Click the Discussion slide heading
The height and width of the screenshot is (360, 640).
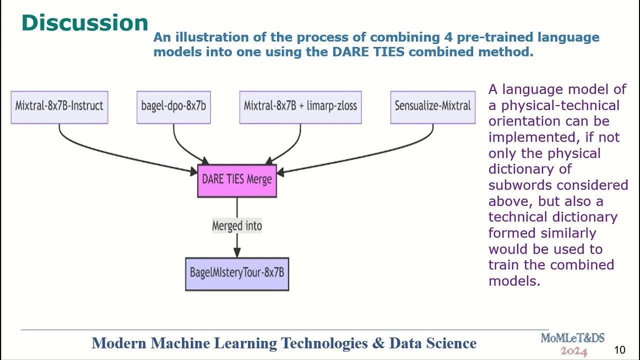click(85, 23)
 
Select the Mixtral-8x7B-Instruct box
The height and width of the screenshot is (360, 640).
click(59, 106)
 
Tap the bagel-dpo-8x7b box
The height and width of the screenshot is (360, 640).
click(173, 106)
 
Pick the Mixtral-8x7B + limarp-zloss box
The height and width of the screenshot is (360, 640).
click(300, 106)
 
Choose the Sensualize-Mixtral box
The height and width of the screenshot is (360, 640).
click(432, 106)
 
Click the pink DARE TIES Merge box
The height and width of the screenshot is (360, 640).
click(237, 179)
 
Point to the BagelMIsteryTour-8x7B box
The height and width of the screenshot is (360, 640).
click(237, 273)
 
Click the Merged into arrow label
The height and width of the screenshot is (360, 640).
click(237, 226)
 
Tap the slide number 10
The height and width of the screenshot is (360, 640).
click(619, 350)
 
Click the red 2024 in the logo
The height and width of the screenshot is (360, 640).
click(573, 351)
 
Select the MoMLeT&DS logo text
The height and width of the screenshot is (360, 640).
click(572, 338)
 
